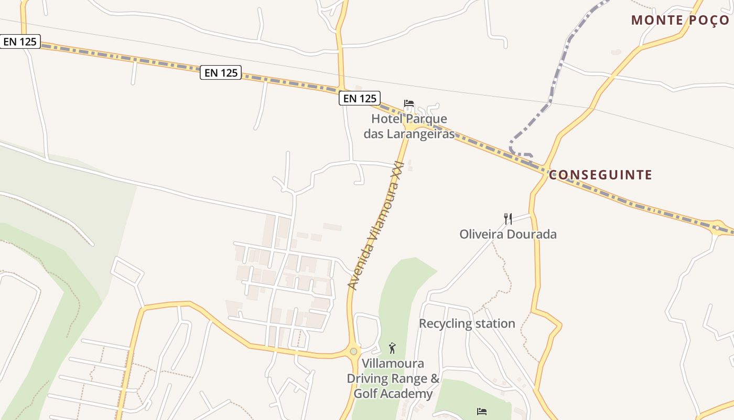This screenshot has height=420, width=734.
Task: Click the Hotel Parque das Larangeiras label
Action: [409, 126]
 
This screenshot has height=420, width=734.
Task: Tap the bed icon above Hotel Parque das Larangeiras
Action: [409, 103]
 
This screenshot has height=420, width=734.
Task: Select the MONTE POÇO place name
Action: [680, 20]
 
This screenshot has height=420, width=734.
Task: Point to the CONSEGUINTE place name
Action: [601, 175]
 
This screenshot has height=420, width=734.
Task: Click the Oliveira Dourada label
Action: [508, 234]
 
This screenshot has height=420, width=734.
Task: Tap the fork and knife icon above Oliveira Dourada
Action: [508, 218]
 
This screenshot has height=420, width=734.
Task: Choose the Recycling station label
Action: [467, 323]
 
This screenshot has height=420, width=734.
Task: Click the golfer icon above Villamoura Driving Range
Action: [392, 348]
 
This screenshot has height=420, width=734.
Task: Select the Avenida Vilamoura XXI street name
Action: [376, 226]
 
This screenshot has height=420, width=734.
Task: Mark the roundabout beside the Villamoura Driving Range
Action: [354, 351]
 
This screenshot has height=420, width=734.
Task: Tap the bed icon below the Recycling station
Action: [482, 411]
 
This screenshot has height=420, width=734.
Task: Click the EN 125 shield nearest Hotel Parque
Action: [359, 98]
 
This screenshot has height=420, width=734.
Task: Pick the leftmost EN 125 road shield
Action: [20, 41]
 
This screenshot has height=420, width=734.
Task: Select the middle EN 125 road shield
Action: [221, 72]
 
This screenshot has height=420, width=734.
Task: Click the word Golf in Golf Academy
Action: [367, 394]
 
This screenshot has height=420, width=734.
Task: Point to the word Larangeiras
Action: [420, 134]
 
